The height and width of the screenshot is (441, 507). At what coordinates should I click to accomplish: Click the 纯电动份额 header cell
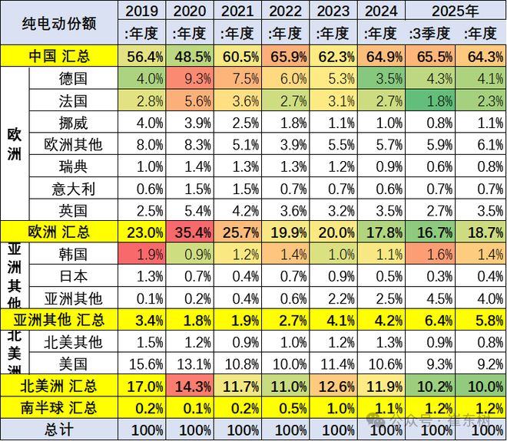pyautogui.click(x=60, y=22)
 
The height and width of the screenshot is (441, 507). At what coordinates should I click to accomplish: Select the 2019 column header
pyautogui.click(x=142, y=12)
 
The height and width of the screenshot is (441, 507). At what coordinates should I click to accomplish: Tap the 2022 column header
pyautogui.click(x=287, y=12)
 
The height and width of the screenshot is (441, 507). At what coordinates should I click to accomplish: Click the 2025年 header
pyautogui.click(x=456, y=12)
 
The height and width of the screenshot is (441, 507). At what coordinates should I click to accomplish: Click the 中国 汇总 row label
pyautogui.click(x=60, y=56)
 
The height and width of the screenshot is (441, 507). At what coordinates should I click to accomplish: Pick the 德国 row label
pyautogui.click(x=73, y=78)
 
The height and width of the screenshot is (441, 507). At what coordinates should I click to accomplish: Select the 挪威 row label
pyautogui.click(x=73, y=122)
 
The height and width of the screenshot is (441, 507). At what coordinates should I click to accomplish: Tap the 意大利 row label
pyautogui.click(x=73, y=188)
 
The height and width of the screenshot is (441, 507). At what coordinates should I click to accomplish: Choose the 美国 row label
pyautogui.click(x=73, y=364)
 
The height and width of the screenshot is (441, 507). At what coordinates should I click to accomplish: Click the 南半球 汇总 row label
pyautogui.click(x=60, y=407)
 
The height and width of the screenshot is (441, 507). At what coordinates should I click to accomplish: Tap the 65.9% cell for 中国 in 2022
pyautogui.click(x=287, y=56)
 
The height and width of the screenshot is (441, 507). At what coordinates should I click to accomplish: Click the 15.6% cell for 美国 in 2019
pyautogui.click(x=142, y=364)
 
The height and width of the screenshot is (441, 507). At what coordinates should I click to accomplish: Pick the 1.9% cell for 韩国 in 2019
pyautogui.click(x=142, y=254)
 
